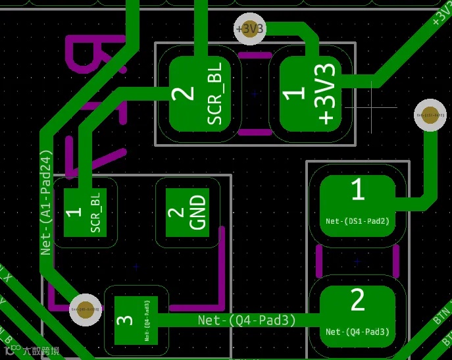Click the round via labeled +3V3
tap(250, 29)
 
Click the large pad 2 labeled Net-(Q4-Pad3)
tap(358, 315)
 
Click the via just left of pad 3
tap(86, 309)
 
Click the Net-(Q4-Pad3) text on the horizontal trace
tap(247, 320)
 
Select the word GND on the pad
tap(198, 212)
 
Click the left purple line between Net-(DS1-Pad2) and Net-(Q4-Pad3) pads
tap(319, 261)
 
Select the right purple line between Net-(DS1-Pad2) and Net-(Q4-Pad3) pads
tap(397, 261)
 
